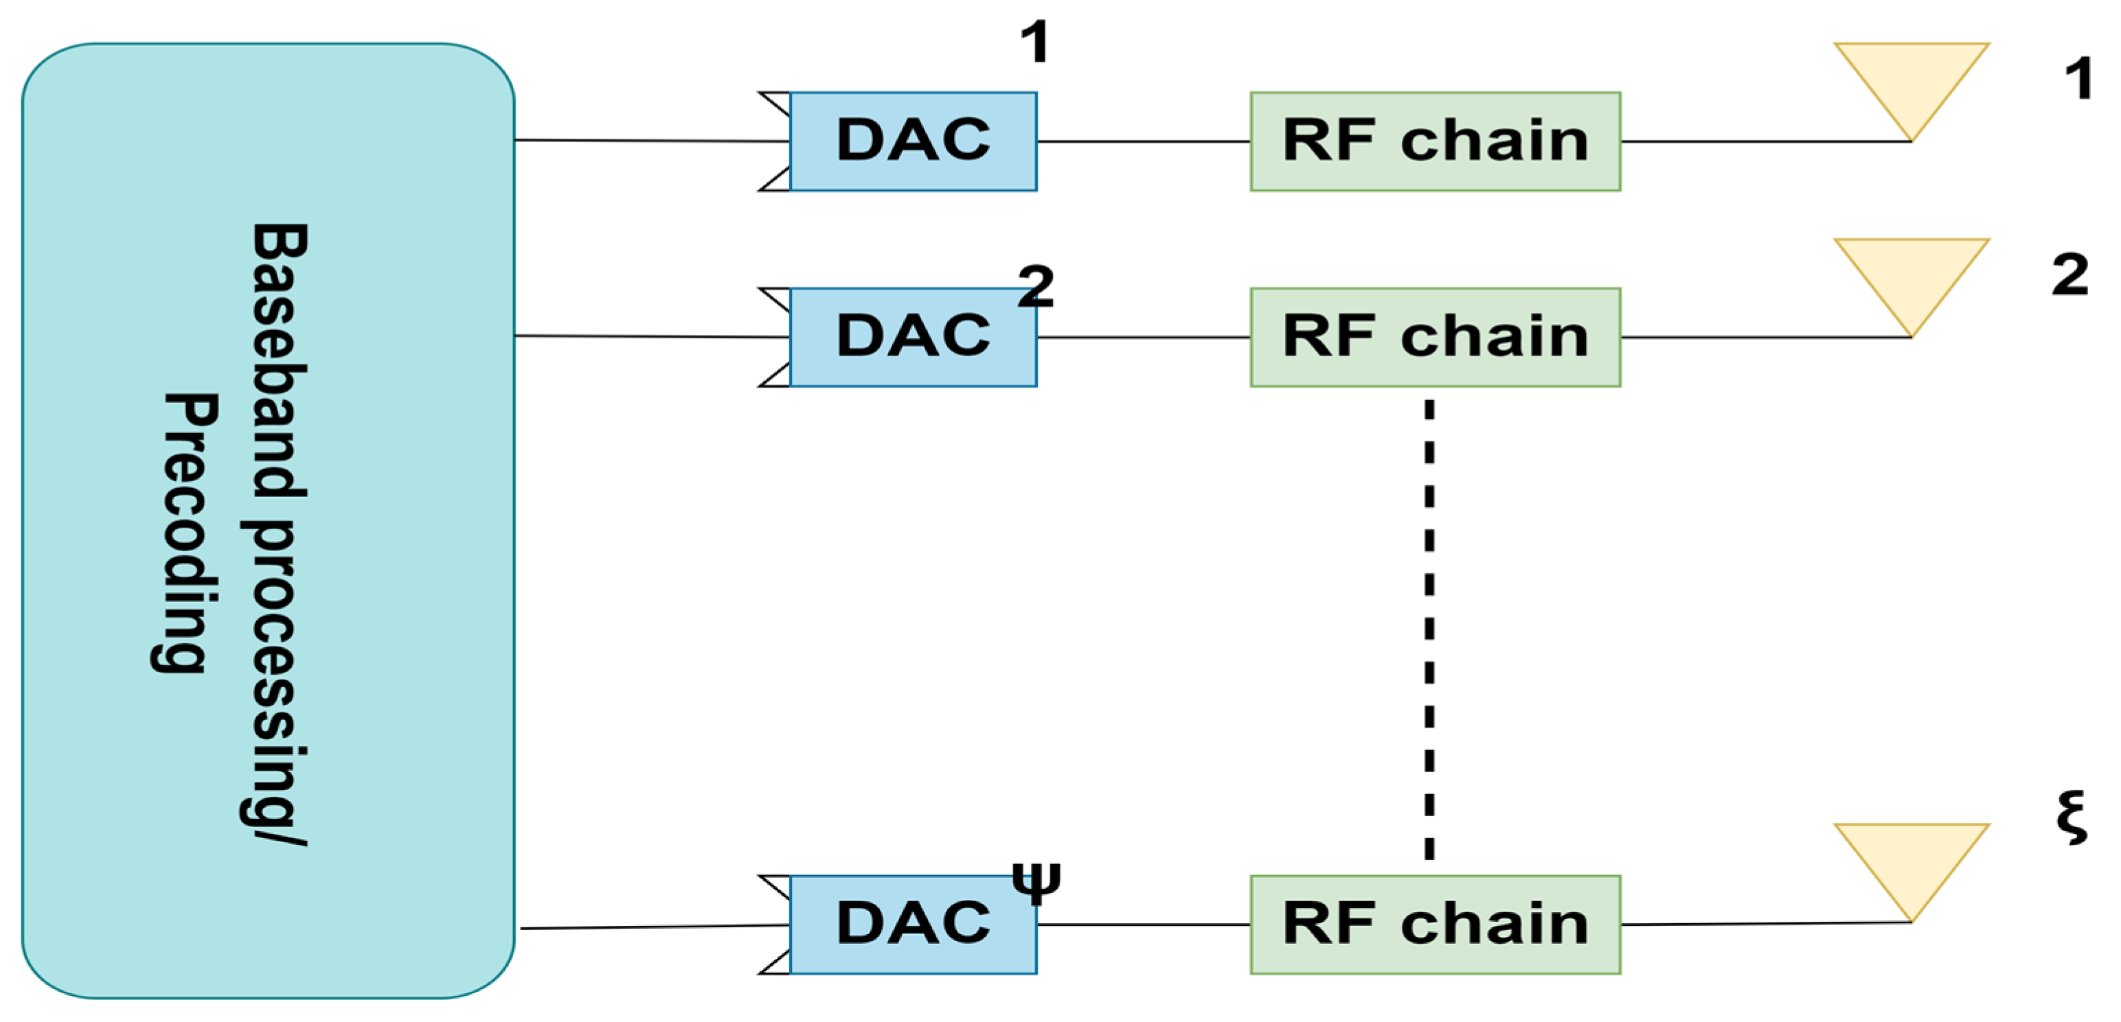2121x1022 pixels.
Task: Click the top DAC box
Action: pos(912,141)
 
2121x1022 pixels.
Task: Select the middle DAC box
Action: pos(912,338)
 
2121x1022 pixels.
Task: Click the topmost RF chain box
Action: pos(1434,141)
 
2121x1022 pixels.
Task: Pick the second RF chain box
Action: pos(1434,338)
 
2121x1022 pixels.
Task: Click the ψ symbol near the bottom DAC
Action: pos(1036,883)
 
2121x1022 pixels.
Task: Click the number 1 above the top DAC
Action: pos(1035,43)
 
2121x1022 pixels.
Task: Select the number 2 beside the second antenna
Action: pos(2069,275)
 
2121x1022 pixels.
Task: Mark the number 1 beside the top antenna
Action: pos(2078,80)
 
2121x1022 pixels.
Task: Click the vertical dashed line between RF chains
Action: pos(1429,629)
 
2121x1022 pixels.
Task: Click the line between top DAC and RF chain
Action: pos(1143,141)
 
